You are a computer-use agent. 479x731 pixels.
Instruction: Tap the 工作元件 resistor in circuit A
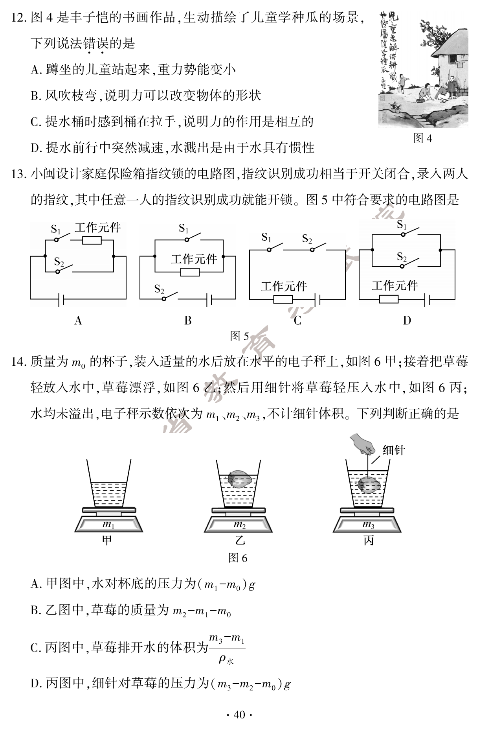click(x=92, y=241)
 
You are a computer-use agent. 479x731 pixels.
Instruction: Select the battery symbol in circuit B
click(x=209, y=300)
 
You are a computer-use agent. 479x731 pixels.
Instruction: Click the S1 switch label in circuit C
click(x=266, y=237)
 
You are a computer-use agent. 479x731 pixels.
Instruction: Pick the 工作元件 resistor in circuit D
click(x=389, y=300)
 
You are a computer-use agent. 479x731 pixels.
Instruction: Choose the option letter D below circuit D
click(x=407, y=321)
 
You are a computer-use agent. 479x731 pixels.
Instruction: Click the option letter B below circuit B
click(x=188, y=321)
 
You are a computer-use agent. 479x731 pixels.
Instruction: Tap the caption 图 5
click(x=239, y=336)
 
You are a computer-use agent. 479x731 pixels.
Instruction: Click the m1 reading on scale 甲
click(x=108, y=524)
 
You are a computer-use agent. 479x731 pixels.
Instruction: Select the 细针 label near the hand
click(x=393, y=451)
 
